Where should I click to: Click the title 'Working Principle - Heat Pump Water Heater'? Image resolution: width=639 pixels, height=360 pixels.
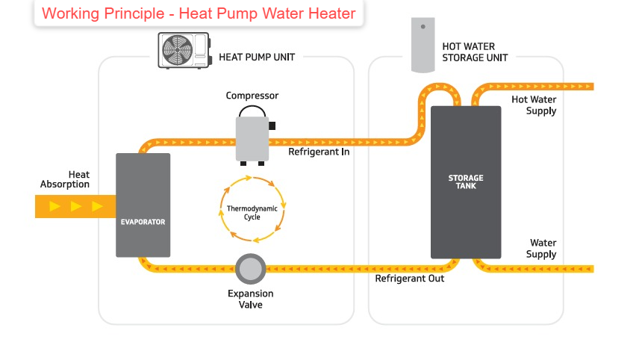click(199, 13)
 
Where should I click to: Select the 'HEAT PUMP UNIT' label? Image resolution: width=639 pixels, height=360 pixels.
click(256, 57)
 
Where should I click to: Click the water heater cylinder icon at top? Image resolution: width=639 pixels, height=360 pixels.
click(423, 46)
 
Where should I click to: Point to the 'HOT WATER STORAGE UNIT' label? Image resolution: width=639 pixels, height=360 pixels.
click(474, 52)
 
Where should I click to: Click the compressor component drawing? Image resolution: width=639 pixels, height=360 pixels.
click(252, 137)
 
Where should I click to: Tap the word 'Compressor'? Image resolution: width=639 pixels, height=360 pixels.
click(252, 96)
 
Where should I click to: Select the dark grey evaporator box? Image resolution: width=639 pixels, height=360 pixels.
click(143, 205)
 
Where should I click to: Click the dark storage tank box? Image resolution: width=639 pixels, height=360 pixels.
click(465, 182)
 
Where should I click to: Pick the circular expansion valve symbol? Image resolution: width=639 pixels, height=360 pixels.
click(252, 268)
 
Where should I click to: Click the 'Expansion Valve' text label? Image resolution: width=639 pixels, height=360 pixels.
click(251, 299)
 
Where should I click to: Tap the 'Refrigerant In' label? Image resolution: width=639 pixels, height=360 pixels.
click(319, 152)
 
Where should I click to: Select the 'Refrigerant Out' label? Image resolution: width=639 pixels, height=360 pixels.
click(409, 279)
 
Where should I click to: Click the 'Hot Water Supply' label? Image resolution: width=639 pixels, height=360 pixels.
click(534, 105)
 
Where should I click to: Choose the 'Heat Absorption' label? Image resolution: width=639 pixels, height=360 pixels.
click(66, 179)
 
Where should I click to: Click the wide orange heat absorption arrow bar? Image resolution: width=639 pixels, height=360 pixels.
click(75, 206)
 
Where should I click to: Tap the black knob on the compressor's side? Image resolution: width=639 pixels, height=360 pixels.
click(272, 125)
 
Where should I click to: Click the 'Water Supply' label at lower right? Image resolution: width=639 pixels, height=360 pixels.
click(542, 249)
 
